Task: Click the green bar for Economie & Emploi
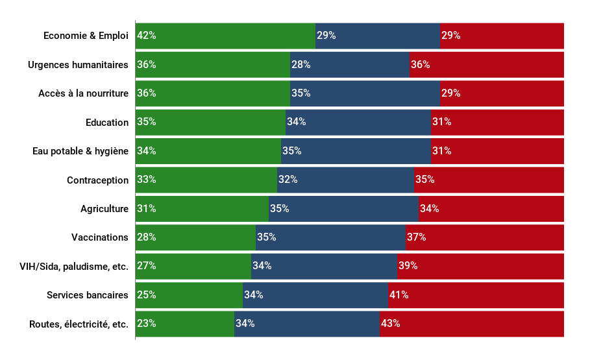click(x=225, y=36)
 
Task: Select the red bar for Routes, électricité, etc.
click(x=472, y=324)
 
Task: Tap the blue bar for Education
click(x=358, y=122)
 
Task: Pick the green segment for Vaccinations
click(x=195, y=237)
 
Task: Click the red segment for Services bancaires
click(x=476, y=295)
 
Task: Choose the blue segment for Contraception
click(x=345, y=180)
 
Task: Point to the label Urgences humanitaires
click(x=78, y=65)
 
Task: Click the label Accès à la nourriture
click(x=83, y=93)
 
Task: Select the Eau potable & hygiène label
click(x=80, y=151)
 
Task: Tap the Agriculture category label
click(x=104, y=209)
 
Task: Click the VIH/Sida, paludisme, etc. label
click(x=74, y=266)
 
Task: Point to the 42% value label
click(x=147, y=36)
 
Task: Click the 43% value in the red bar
click(x=391, y=324)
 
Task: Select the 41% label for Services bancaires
click(x=399, y=295)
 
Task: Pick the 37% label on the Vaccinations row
click(x=417, y=237)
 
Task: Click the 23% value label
click(x=147, y=324)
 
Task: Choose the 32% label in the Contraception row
click(x=288, y=180)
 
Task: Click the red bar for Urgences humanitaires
click(x=487, y=65)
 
